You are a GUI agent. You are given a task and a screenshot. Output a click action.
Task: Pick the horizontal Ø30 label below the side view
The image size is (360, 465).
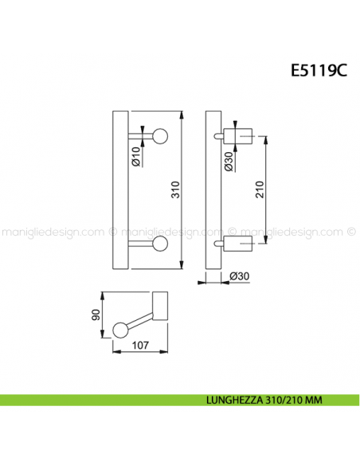[x=237, y=277]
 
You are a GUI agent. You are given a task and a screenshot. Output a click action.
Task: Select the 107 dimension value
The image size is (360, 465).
[x=139, y=346]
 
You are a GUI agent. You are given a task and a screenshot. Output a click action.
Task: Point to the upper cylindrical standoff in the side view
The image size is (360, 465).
[x=237, y=136]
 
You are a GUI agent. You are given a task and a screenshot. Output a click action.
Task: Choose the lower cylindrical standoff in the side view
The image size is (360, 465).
[x=237, y=243]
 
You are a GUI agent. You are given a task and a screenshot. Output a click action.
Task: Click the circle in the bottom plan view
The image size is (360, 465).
[x=120, y=328]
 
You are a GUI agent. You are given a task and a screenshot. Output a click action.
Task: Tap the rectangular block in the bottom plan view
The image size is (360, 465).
[x=164, y=307]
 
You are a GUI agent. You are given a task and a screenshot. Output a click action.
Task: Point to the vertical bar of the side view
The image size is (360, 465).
[x=210, y=190]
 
